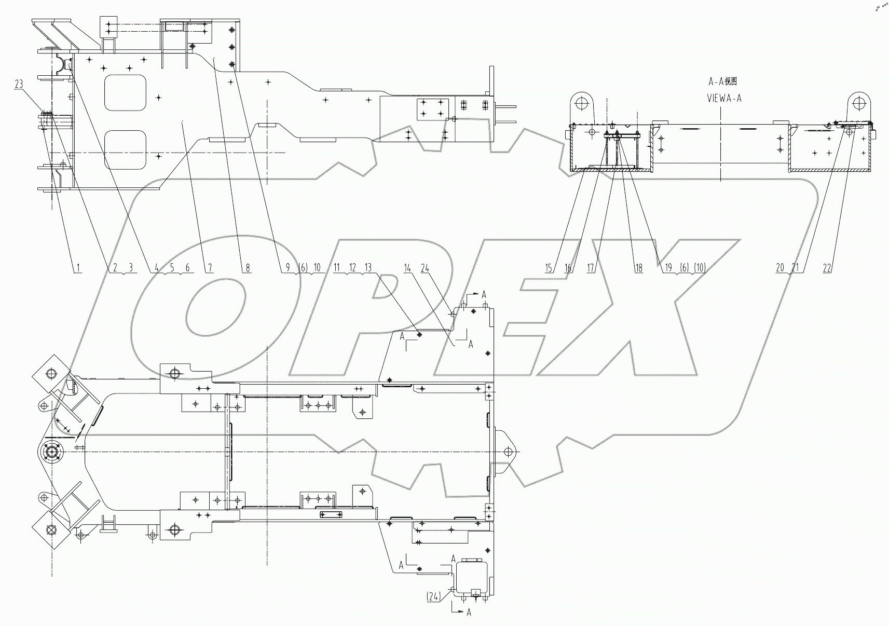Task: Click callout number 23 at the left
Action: click(19, 84)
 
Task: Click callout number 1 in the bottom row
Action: click(78, 268)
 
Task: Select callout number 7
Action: click(211, 268)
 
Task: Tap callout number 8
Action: click(248, 268)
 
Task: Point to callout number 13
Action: click(368, 268)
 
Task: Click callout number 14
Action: click(407, 268)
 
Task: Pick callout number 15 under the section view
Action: click(549, 268)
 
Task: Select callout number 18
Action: click(638, 268)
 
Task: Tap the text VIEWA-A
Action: click(724, 98)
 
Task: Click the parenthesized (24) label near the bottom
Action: click(433, 597)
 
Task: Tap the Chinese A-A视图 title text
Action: click(723, 81)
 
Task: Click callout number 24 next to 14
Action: click(425, 268)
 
